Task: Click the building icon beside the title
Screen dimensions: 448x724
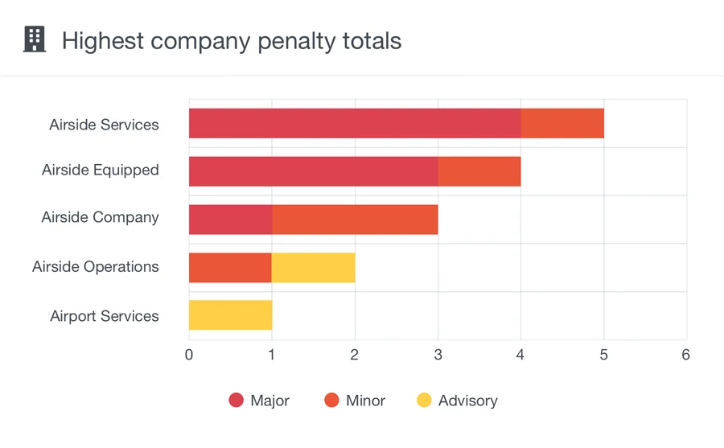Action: (x=35, y=39)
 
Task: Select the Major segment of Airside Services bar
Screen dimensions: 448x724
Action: (x=354, y=123)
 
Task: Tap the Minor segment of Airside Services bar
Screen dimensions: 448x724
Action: (x=562, y=123)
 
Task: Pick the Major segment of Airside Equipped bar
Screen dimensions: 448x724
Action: (x=313, y=171)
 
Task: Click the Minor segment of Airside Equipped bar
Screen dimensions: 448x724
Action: (x=479, y=171)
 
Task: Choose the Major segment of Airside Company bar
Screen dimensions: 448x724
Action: (x=230, y=219)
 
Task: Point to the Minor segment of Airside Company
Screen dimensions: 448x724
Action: (x=355, y=219)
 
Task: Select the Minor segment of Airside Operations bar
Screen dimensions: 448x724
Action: (x=230, y=267)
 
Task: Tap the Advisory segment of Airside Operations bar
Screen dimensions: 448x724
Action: (x=313, y=267)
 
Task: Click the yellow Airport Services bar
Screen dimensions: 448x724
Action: (x=230, y=315)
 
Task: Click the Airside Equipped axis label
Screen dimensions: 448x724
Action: (x=101, y=171)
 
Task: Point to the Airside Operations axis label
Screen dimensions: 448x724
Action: (x=96, y=267)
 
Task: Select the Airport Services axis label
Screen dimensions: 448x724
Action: (x=105, y=316)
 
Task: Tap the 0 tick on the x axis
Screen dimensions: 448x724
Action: (x=189, y=355)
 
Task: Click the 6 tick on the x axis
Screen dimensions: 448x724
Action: (x=685, y=355)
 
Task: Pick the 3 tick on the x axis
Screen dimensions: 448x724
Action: (x=438, y=355)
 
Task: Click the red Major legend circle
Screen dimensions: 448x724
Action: (x=237, y=401)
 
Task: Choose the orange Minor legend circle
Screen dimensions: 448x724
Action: (x=331, y=401)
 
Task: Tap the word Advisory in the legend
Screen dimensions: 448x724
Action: (x=467, y=401)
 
